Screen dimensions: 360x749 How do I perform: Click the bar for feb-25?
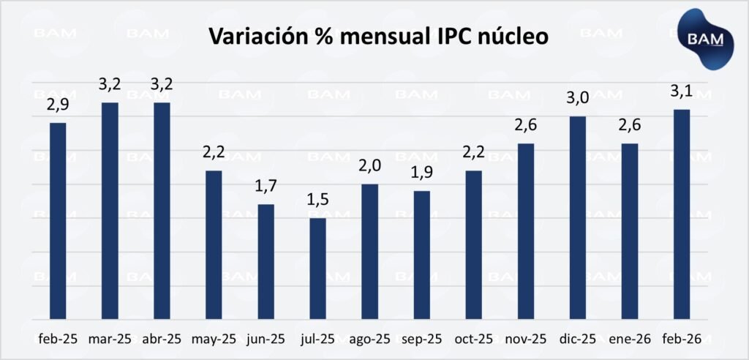[57, 221]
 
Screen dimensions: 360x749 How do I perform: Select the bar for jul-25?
[317, 269]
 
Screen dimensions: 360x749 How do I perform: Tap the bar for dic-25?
[578, 218]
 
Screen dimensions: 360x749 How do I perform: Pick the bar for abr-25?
[162, 211]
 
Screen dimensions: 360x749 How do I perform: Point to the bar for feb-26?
[682, 214]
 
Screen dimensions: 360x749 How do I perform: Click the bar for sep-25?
[422, 255]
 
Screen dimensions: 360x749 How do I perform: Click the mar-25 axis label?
[109, 339]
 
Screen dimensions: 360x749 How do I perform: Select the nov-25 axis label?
[526, 339]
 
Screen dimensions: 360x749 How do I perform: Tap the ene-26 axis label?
[630, 339]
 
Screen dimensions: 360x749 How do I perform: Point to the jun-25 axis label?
[266, 339]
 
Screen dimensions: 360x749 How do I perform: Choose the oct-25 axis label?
[474, 339]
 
